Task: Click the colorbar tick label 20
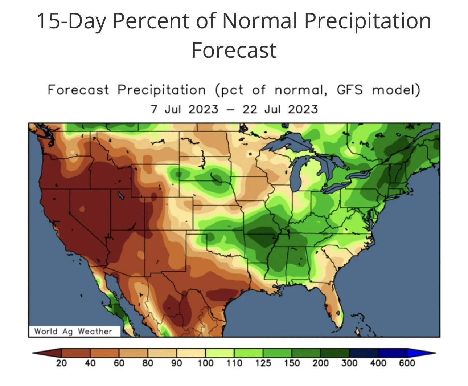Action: tap(61, 363)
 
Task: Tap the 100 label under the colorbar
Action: tap(205, 363)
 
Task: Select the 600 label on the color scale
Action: tap(407, 363)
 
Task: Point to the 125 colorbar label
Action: tap(263, 363)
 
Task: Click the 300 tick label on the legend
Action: tap(349, 363)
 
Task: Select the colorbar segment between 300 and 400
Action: tap(364, 353)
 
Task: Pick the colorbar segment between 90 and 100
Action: tap(191, 353)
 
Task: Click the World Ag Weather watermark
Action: tap(73, 331)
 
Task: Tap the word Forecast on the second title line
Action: tap(234, 50)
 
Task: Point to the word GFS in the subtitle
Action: tap(349, 90)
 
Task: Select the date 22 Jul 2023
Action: tap(280, 109)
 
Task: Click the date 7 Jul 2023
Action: tap(184, 109)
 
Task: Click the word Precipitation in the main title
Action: tap(368, 22)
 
